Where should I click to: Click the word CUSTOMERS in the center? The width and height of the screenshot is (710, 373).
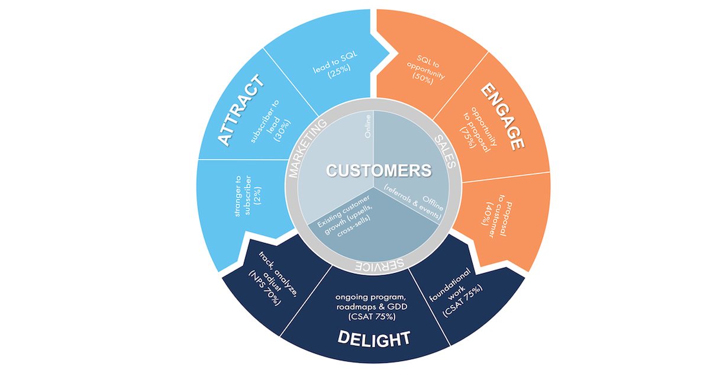(379, 171)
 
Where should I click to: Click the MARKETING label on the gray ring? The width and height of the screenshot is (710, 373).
(308, 147)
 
